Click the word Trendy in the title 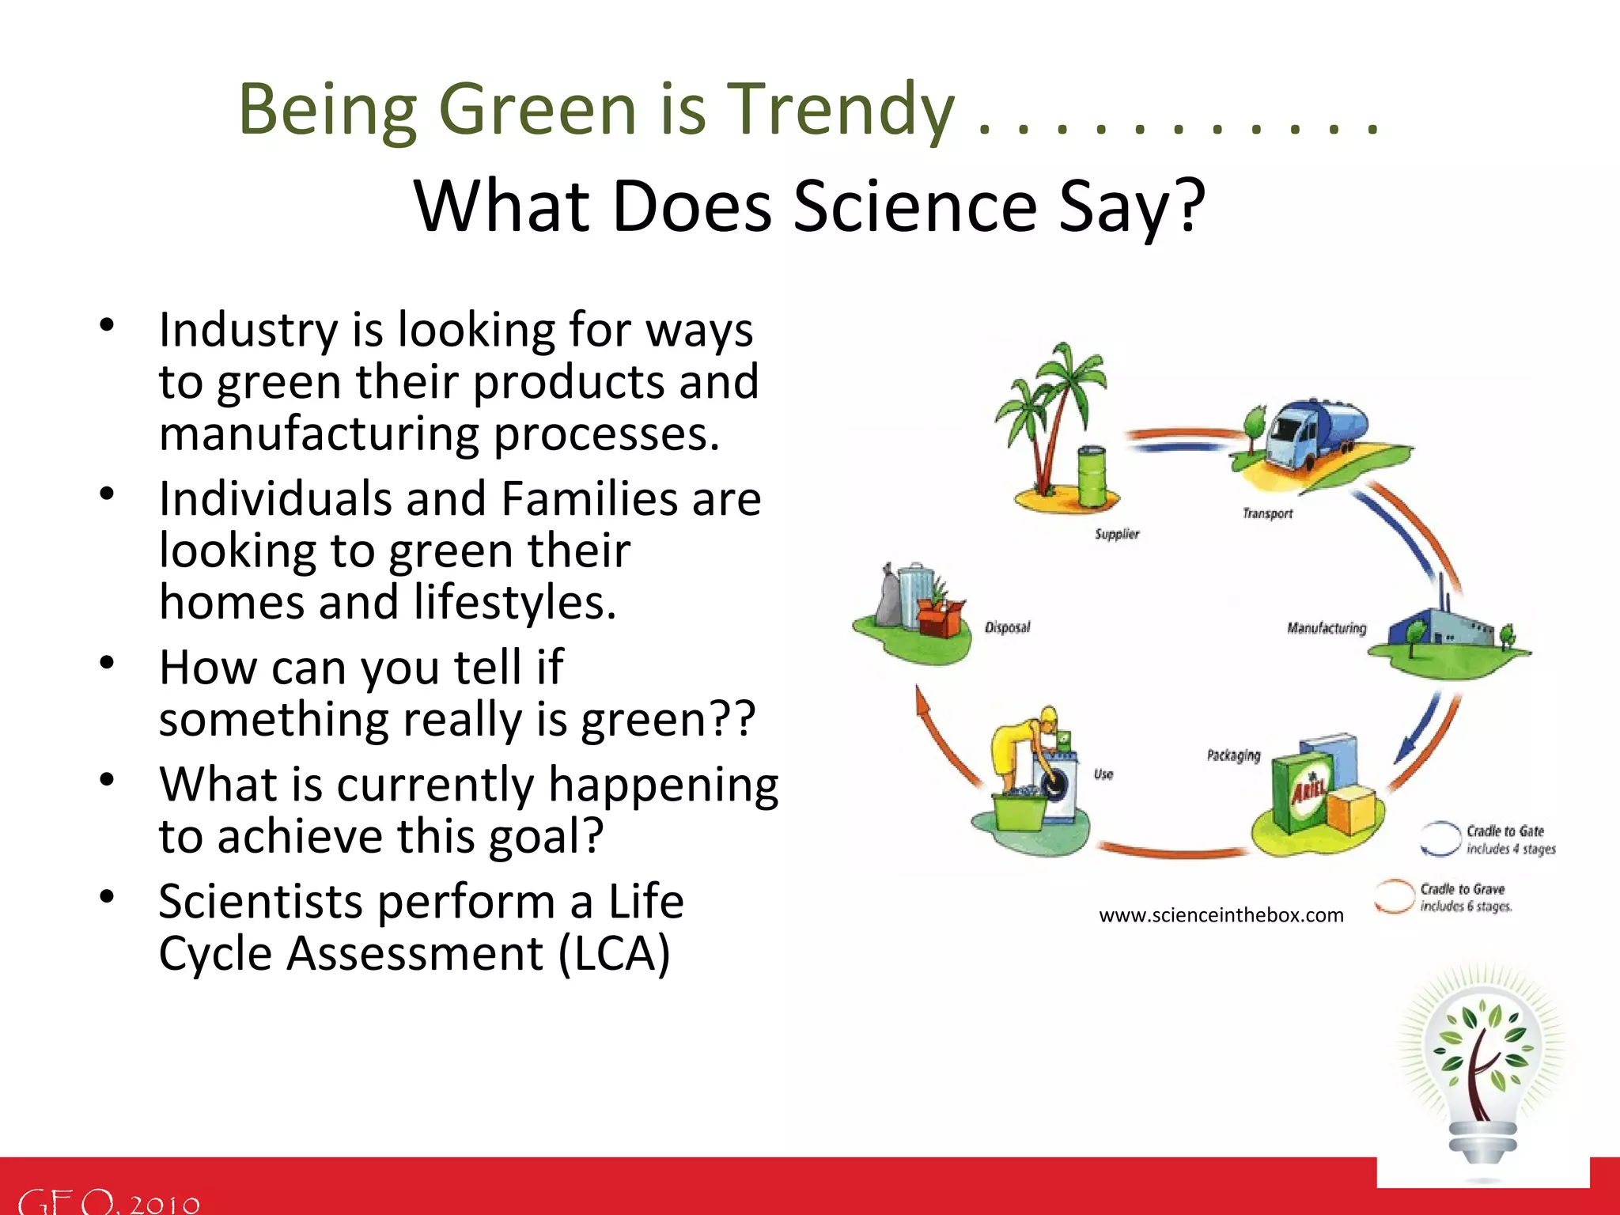(x=840, y=111)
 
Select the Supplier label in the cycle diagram (x=1116, y=535)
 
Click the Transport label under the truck (x=1266, y=514)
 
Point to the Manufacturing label (x=1326, y=628)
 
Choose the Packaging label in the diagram (x=1232, y=755)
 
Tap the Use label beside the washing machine (x=1103, y=774)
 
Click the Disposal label (x=1007, y=628)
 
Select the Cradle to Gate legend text (x=1505, y=831)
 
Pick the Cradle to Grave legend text (x=1462, y=889)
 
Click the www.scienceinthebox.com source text (x=1221, y=915)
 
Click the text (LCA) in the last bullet (x=614, y=954)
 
